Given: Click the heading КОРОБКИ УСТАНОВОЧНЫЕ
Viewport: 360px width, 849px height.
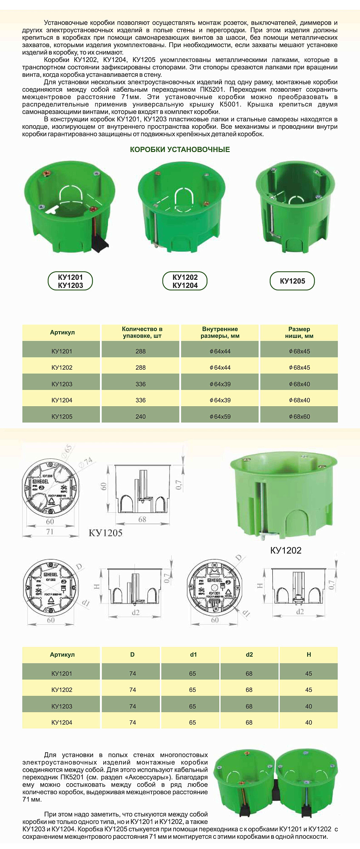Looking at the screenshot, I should tap(180, 149).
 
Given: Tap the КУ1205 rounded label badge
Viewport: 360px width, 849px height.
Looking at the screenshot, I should tap(292, 281).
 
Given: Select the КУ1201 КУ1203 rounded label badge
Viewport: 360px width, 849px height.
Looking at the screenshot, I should tap(71, 281).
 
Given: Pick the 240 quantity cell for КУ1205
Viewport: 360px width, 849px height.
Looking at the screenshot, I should tap(140, 416).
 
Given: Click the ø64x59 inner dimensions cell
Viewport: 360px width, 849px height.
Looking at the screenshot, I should tap(220, 416).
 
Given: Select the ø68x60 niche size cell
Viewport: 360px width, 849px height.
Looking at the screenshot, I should tap(299, 416).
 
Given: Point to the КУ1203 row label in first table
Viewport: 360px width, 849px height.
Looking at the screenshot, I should tap(62, 384).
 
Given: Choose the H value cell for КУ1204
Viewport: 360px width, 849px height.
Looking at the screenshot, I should tap(309, 722).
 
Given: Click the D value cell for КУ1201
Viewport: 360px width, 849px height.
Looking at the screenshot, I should tap(133, 674).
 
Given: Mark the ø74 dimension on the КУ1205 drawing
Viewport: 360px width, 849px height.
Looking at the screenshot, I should tap(88, 462).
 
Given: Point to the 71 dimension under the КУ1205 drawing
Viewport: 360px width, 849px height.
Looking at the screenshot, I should tap(50, 531).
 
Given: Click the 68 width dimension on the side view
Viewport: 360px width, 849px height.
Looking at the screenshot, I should tap(142, 519).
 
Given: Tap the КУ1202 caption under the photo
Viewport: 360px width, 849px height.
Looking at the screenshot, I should tap(286, 551).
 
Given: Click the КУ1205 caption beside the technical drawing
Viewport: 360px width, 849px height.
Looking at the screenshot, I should tap(105, 533).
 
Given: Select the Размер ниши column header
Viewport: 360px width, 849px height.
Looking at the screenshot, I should tap(299, 332).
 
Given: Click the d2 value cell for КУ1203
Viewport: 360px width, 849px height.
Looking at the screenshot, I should tap(249, 706).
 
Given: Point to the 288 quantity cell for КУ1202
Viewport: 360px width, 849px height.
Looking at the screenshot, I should tap(140, 368).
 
